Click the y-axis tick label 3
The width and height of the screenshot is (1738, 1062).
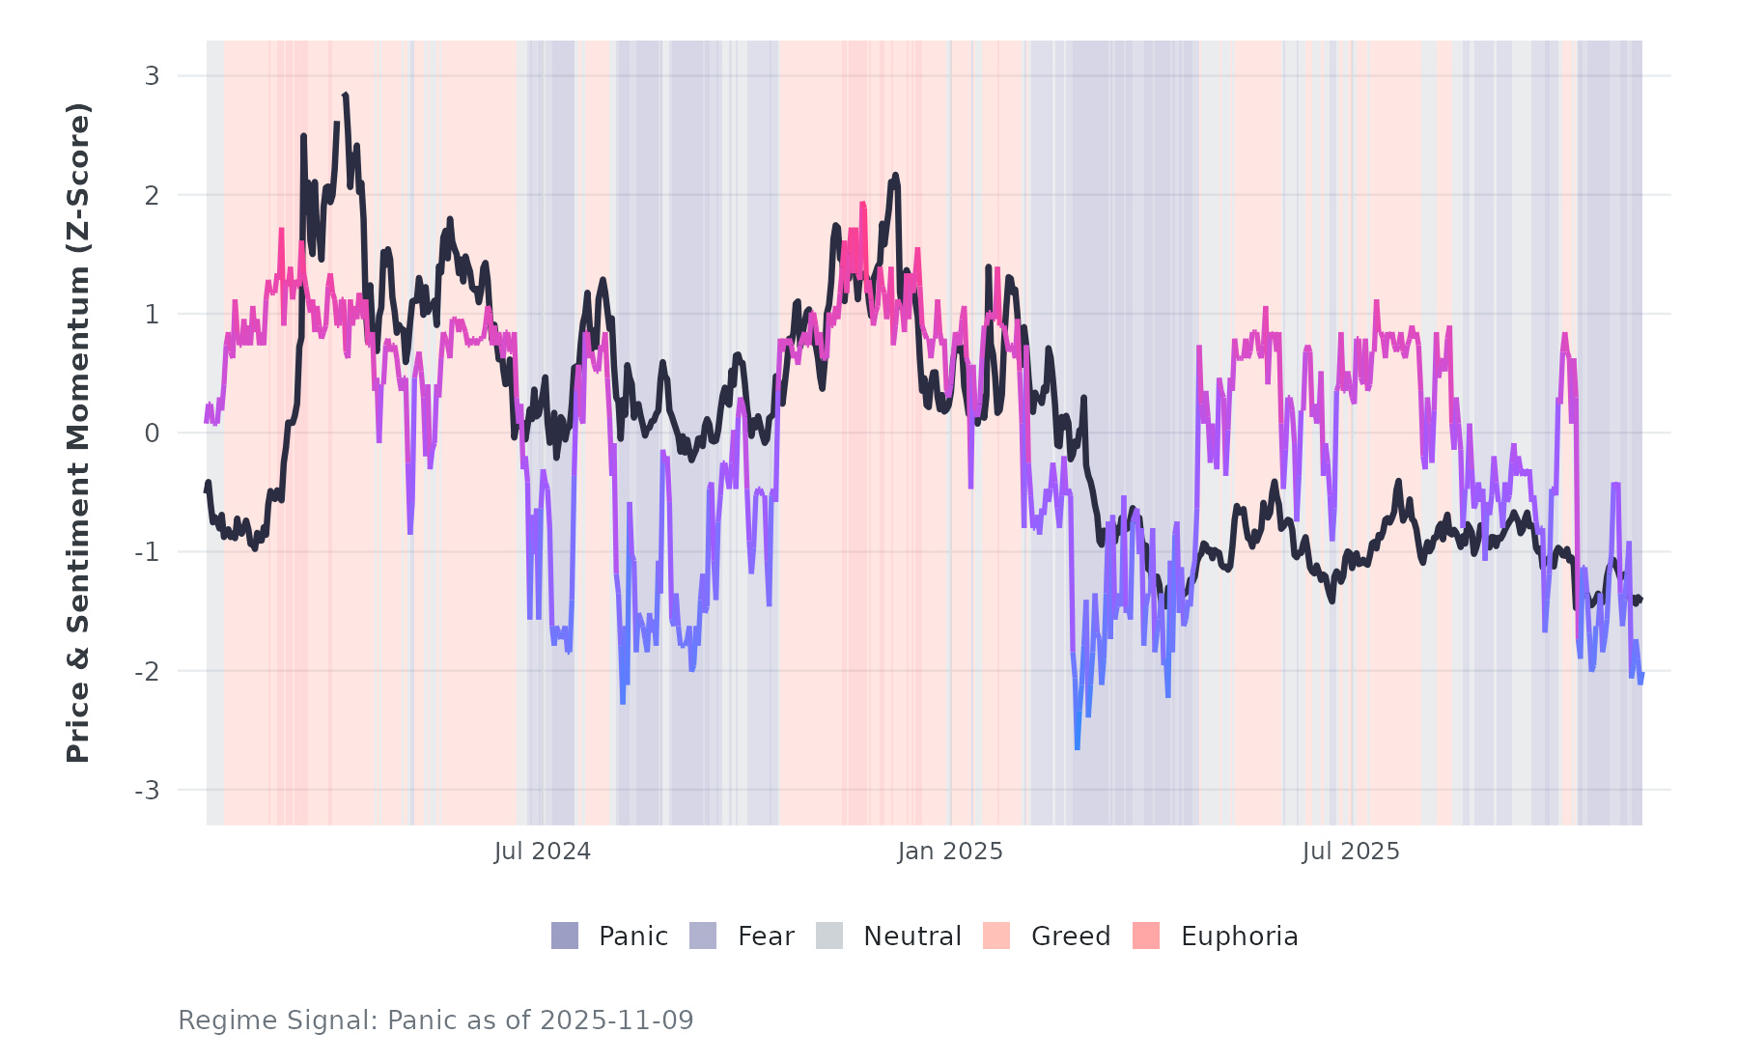click(153, 76)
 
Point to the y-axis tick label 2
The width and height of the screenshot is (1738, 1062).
click(153, 196)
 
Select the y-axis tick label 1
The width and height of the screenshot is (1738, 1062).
click(153, 315)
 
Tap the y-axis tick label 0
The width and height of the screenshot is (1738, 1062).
click(153, 433)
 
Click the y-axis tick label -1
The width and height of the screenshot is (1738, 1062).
click(147, 552)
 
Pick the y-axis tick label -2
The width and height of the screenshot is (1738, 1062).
click(147, 672)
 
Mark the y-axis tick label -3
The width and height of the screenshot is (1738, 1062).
click(147, 791)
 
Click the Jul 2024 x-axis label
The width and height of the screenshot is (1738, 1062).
click(543, 852)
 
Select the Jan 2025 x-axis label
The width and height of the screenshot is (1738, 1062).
click(950, 852)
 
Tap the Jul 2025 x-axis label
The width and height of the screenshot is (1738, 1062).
click(1351, 852)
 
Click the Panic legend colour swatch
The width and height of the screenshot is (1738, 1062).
click(565, 936)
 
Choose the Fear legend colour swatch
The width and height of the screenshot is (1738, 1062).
click(703, 936)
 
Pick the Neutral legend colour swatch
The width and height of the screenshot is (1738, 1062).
click(829, 936)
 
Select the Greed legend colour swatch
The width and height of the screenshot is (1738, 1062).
click(996, 936)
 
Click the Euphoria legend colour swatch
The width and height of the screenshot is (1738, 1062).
click(1146, 936)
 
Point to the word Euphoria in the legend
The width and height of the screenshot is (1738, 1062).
click(1239, 936)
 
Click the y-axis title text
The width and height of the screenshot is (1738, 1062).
click(78, 433)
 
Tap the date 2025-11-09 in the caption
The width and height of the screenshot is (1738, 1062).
click(617, 1020)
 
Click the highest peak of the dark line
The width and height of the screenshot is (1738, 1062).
click(346, 95)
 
